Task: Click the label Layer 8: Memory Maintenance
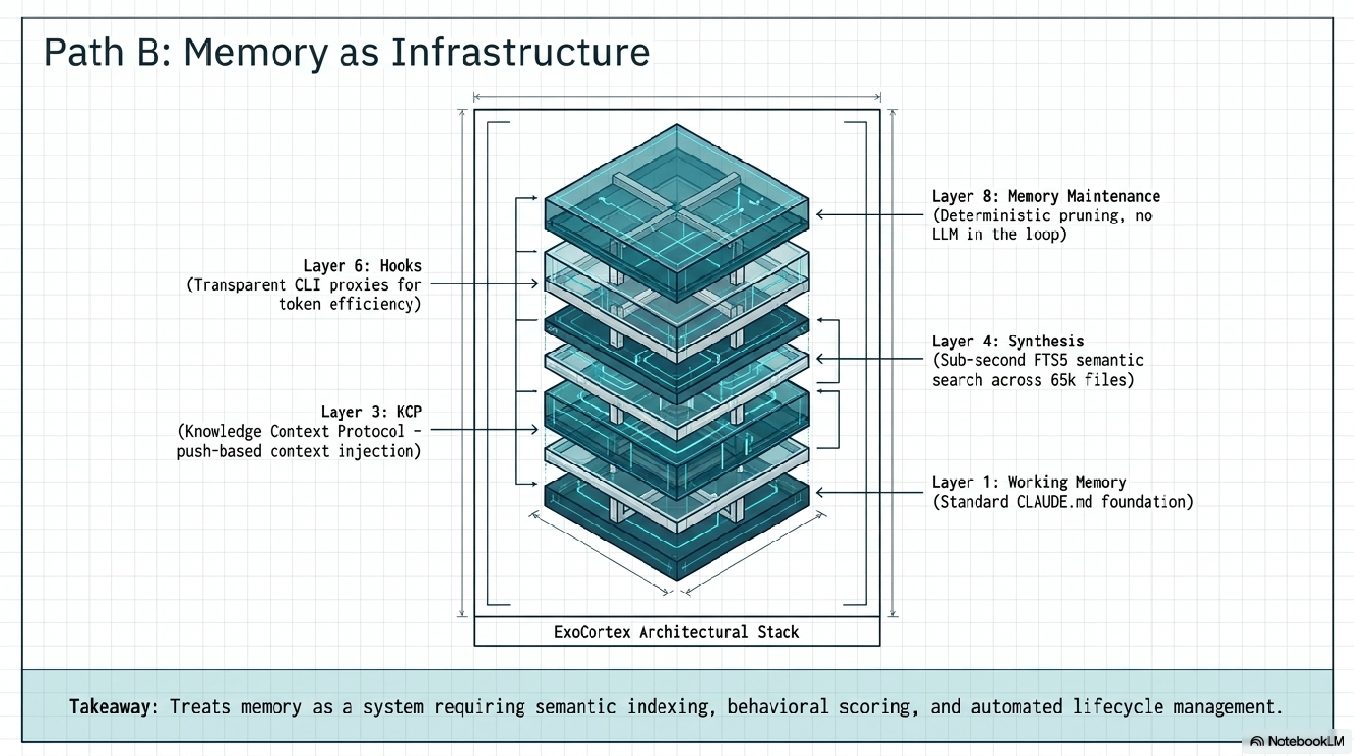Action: (1045, 196)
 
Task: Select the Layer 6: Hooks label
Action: (363, 266)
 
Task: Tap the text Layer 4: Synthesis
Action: (1008, 341)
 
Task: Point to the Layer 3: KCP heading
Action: (371, 412)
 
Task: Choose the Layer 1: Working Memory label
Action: (1028, 482)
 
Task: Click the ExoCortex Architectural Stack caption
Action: (677, 631)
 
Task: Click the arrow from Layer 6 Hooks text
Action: (484, 284)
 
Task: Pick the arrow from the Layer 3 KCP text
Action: (484, 430)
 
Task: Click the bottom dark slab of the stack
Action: (677, 547)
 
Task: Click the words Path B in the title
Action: (108, 52)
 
